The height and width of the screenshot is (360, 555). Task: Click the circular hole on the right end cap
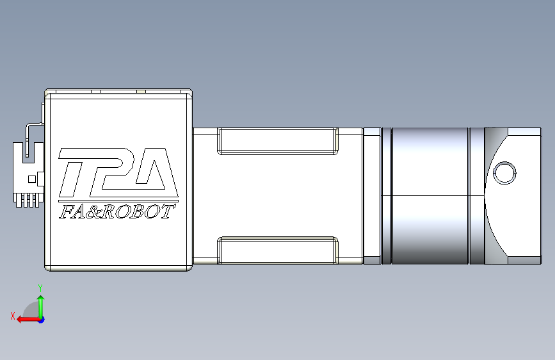click(x=504, y=173)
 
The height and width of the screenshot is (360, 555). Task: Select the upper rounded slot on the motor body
click(x=278, y=141)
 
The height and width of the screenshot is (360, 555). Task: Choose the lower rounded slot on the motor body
click(x=278, y=250)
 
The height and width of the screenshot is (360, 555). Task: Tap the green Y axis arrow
click(x=40, y=305)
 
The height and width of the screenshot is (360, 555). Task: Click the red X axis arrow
click(x=26, y=319)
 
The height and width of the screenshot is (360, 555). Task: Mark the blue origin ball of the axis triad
click(x=40, y=319)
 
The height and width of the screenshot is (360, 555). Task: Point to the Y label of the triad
click(x=40, y=287)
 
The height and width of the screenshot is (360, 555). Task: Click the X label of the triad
click(x=12, y=316)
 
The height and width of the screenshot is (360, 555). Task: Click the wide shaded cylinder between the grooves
click(x=430, y=196)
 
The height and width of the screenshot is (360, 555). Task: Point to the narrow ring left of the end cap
click(x=476, y=196)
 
